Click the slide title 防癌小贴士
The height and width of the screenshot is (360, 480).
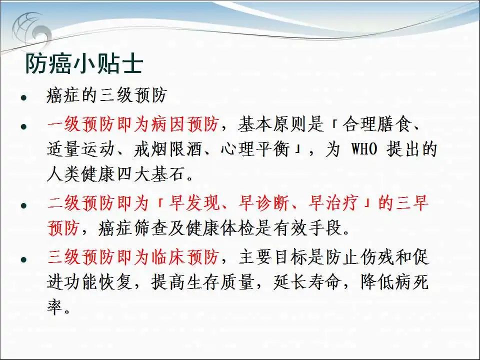point(84,64)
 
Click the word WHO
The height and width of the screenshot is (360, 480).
point(364,149)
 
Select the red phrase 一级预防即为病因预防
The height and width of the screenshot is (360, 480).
point(133,124)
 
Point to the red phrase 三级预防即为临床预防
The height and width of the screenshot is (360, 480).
point(133,256)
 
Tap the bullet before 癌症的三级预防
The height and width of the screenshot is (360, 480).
point(24,98)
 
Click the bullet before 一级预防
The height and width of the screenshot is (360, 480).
point(24,126)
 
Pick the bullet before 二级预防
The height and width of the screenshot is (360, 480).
point(24,205)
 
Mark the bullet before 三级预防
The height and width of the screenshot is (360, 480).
point(24,259)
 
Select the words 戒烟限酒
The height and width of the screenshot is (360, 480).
point(168,149)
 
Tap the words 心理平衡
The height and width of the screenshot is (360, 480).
point(254,149)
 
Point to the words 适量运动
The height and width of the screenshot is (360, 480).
point(81,149)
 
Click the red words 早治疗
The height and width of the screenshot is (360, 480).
point(333,203)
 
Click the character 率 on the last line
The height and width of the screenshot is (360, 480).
point(55,307)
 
